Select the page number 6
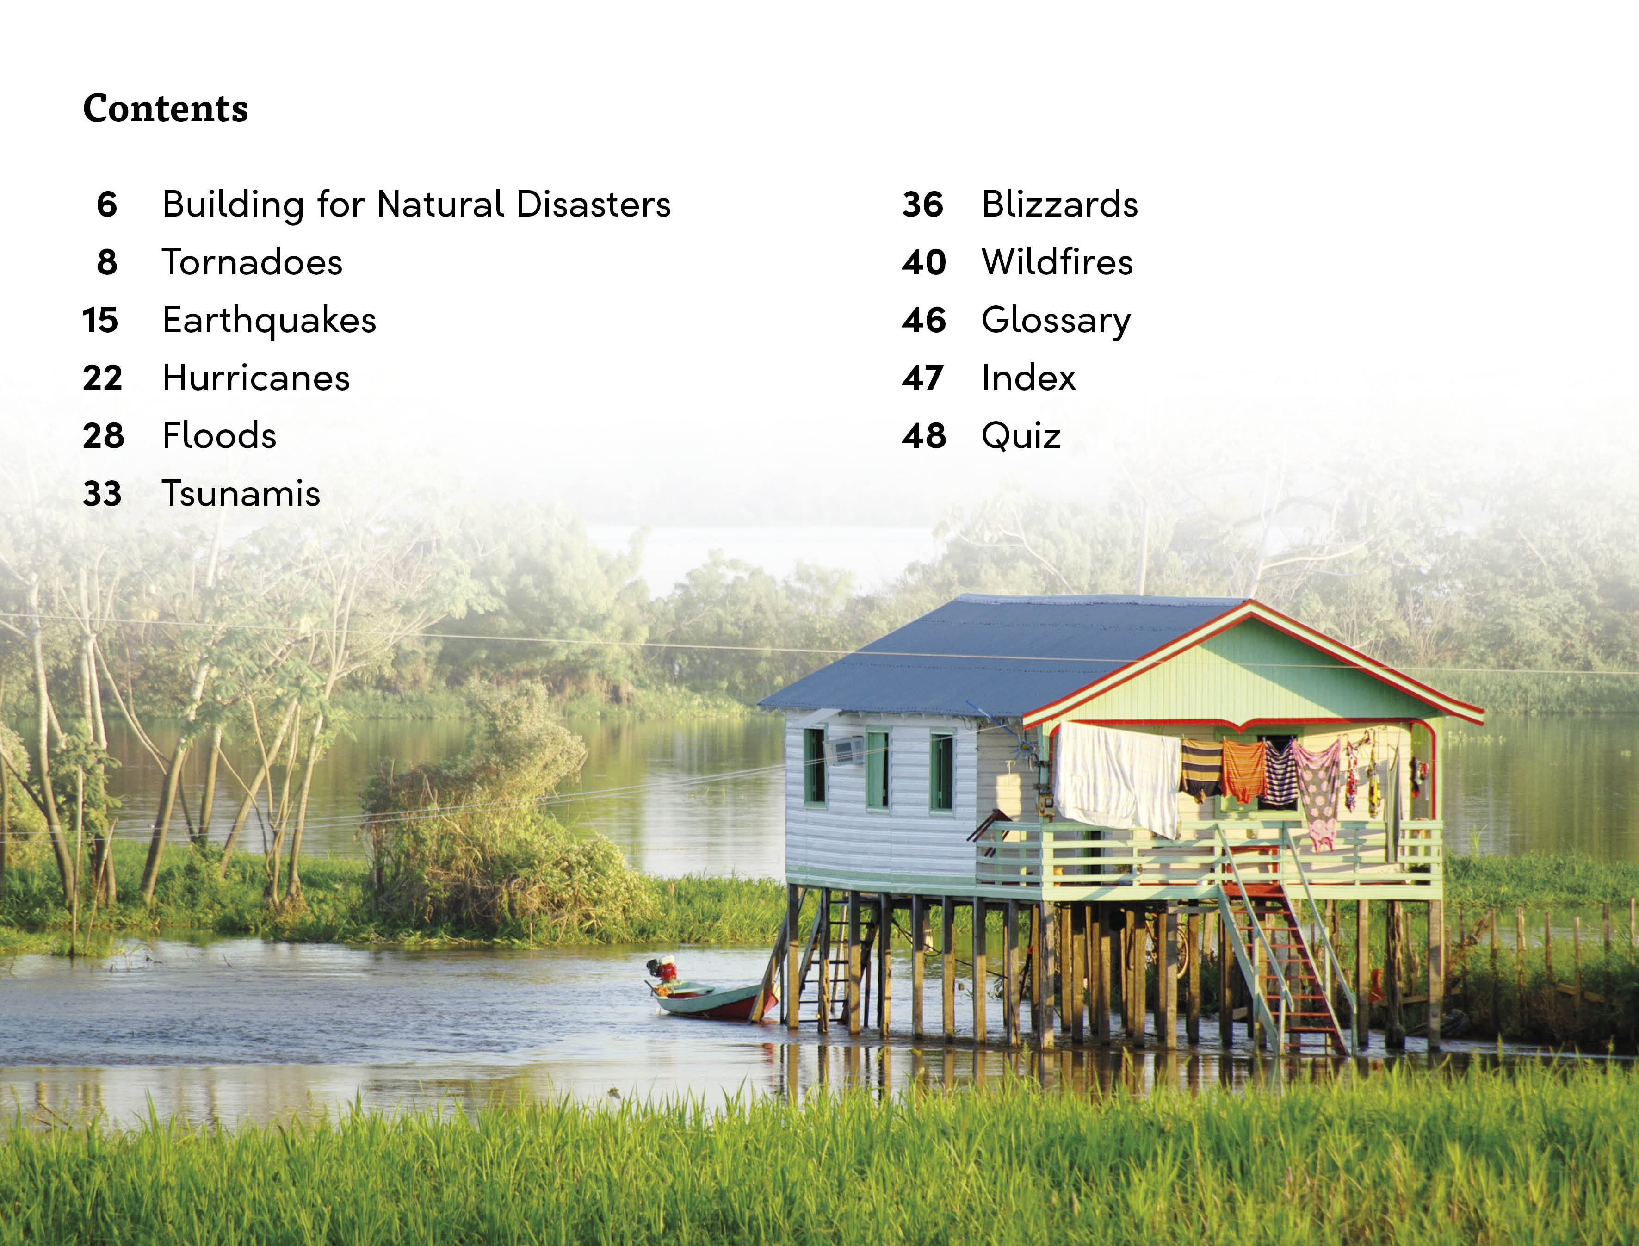coord(107,205)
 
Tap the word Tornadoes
coord(252,262)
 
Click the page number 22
coord(102,378)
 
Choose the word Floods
coord(220,436)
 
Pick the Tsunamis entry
coord(241,494)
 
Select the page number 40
coord(924,262)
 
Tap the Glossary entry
coord(1056,320)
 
